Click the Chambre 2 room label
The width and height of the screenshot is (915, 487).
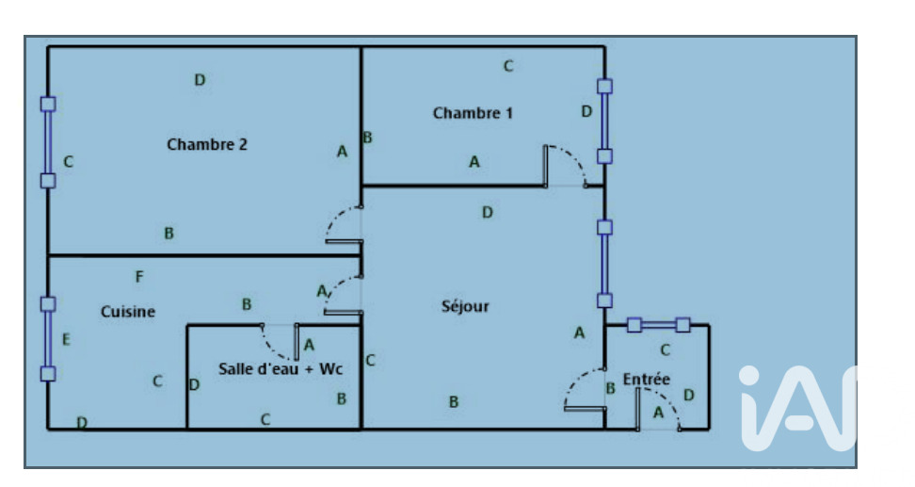(206, 144)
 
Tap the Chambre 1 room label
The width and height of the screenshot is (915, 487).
(473, 113)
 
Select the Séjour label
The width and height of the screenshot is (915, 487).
(465, 307)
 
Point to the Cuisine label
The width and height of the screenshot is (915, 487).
(128, 312)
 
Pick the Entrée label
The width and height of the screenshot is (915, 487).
(647, 380)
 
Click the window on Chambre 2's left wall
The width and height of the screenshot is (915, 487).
(48, 142)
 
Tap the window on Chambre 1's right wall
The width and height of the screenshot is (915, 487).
(604, 121)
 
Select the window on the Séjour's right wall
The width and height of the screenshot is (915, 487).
(604, 264)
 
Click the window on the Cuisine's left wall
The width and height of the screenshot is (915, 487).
(48, 338)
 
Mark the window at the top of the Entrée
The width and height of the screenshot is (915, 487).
(658, 325)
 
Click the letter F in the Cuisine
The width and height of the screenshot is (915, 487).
(139, 277)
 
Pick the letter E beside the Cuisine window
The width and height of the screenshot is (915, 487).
(66, 340)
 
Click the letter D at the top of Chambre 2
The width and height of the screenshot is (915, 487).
(200, 80)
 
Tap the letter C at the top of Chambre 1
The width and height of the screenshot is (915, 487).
(508, 66)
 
